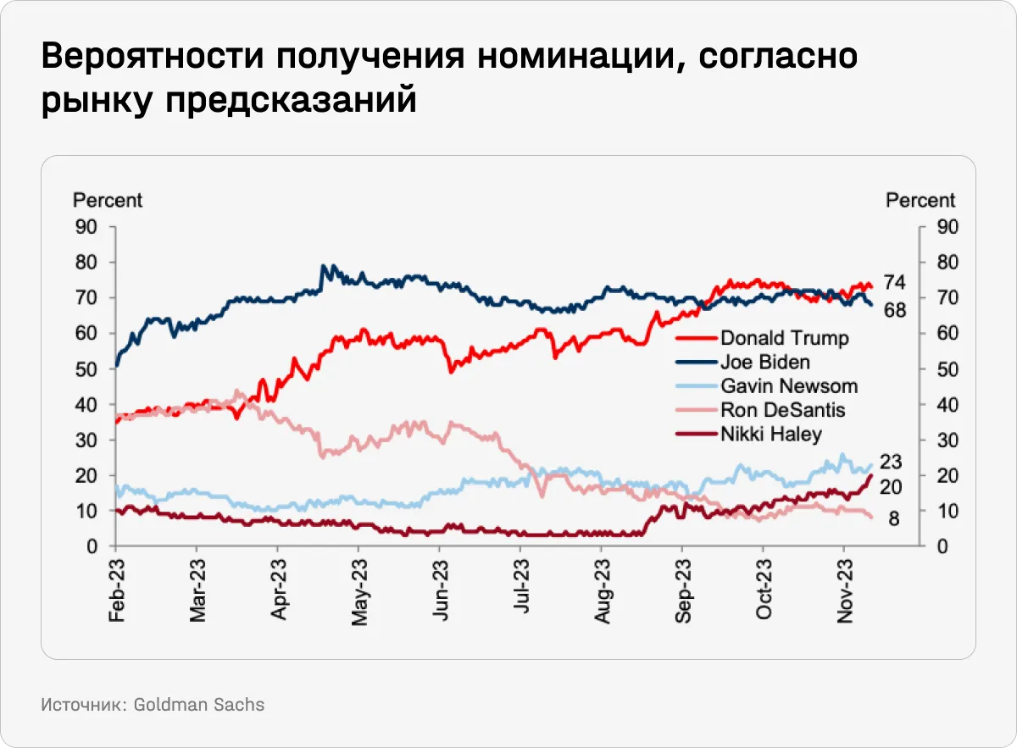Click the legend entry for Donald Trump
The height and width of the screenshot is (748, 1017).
[784, 338]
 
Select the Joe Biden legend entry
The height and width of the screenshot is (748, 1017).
[765, 362]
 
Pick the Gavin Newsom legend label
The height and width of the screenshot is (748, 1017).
[789, 386]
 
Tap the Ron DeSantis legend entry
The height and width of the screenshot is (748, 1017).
[782, 410]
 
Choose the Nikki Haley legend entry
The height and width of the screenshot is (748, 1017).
[771, 435]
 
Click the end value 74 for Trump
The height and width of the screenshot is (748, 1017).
[895, 283]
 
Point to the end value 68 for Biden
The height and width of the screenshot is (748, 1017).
[895, 310]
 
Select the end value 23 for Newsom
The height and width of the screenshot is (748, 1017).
[891, 463]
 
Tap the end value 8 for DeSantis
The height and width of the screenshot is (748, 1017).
[894, 518]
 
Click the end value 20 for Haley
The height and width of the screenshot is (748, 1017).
[891, 486]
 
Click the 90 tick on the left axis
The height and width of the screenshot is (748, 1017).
[87, 227]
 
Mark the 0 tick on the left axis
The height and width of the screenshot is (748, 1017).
[92, 546]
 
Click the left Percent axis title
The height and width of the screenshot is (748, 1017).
[108, 201]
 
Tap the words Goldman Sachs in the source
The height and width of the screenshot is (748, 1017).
[199, 704]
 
